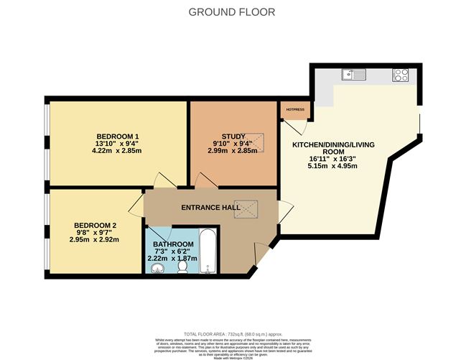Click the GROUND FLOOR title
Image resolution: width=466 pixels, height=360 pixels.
coord(231,12)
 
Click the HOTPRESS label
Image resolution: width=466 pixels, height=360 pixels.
coord(295,109)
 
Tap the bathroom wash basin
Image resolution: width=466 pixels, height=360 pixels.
coord(159,269)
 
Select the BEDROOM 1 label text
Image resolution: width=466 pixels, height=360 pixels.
coord(118,137)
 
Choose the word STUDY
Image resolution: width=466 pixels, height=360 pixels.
coord(233,137)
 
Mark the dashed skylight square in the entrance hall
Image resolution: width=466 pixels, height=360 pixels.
coord(249,208)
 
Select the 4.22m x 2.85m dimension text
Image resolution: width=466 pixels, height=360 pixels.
coord(118,151)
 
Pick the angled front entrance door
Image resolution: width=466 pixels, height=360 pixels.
coord(261,254)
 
